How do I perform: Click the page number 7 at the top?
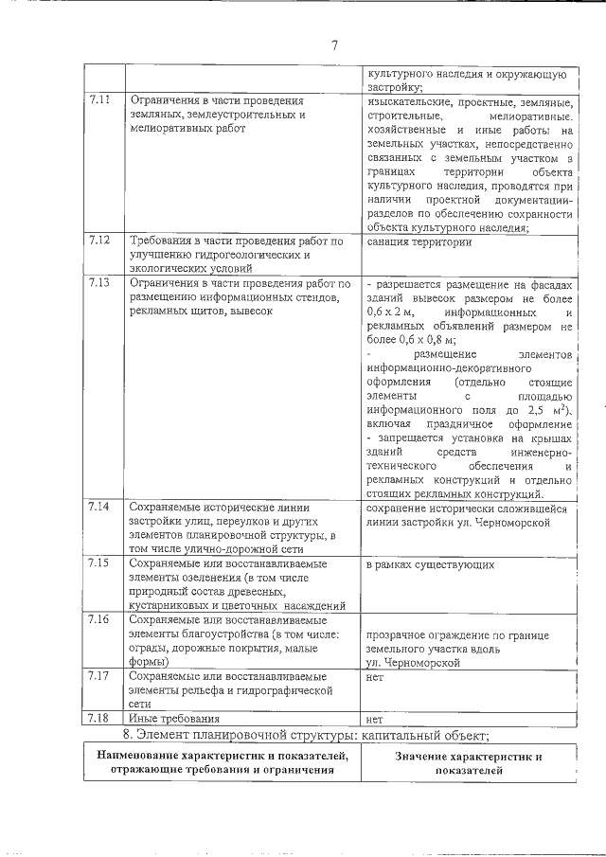click(x=334, y=45)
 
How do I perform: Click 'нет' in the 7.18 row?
click(x=374, y=720)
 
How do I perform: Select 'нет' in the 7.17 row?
click(x=374, y=678)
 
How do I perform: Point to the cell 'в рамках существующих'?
click(x=435, y=565)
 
